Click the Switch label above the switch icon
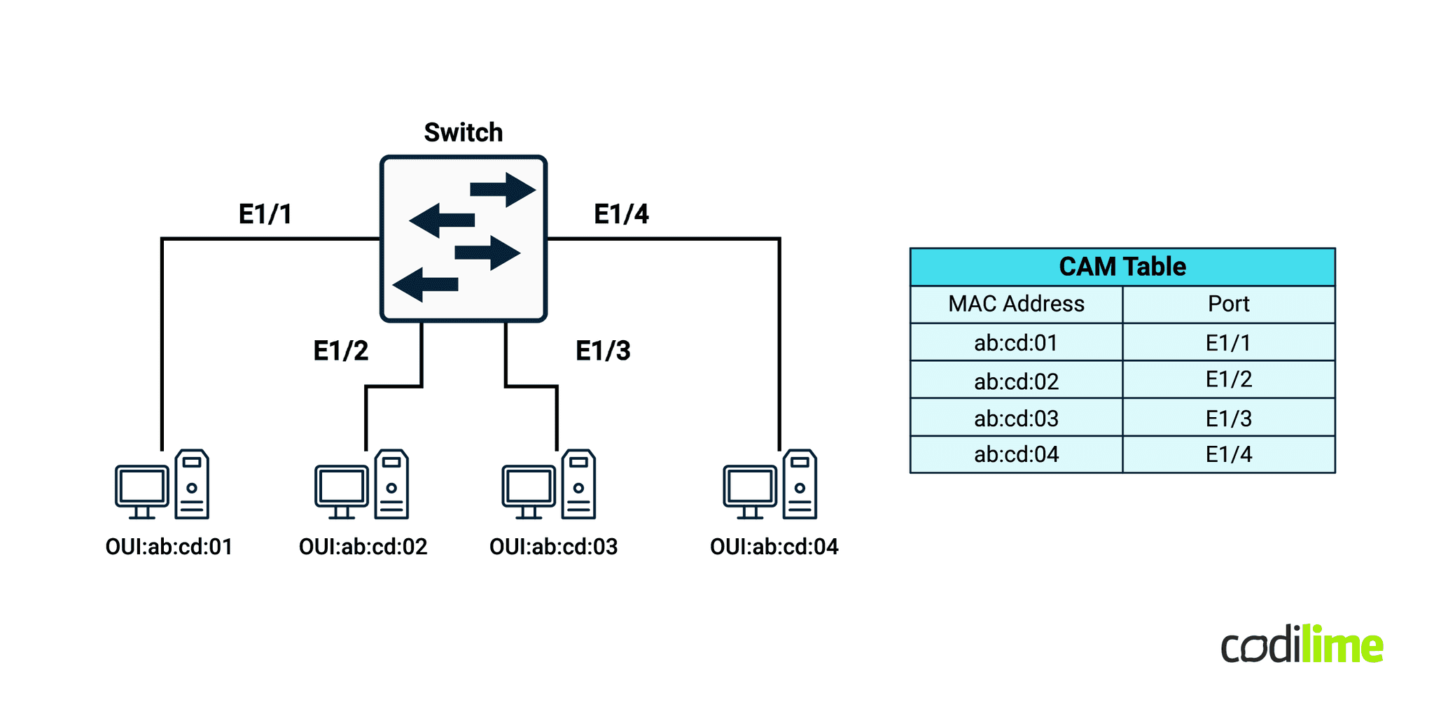click(463, 132)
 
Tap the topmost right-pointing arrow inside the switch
click(502, 189)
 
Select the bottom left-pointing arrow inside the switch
click(425, 284)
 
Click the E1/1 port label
click(265, 213)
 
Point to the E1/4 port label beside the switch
click(621, 213)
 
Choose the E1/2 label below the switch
click(340, 350)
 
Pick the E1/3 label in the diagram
click(602, 350)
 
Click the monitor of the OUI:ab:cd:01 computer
click(142, 488)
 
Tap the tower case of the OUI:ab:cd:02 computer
click(391, 484)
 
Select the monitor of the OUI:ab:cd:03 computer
click(529, 488)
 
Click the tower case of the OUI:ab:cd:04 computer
click(800, 484)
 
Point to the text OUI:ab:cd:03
click(553, 547)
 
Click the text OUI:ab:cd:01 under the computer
click(169, 547)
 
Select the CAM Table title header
click(1122, 267)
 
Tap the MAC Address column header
click(1016, 304)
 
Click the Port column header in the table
click(1228, 304)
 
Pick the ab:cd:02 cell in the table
click(1016, 381)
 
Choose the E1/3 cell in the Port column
click(1228, 419)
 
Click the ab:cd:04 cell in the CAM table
click(1016, 455)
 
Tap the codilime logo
click(1302, 645)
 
